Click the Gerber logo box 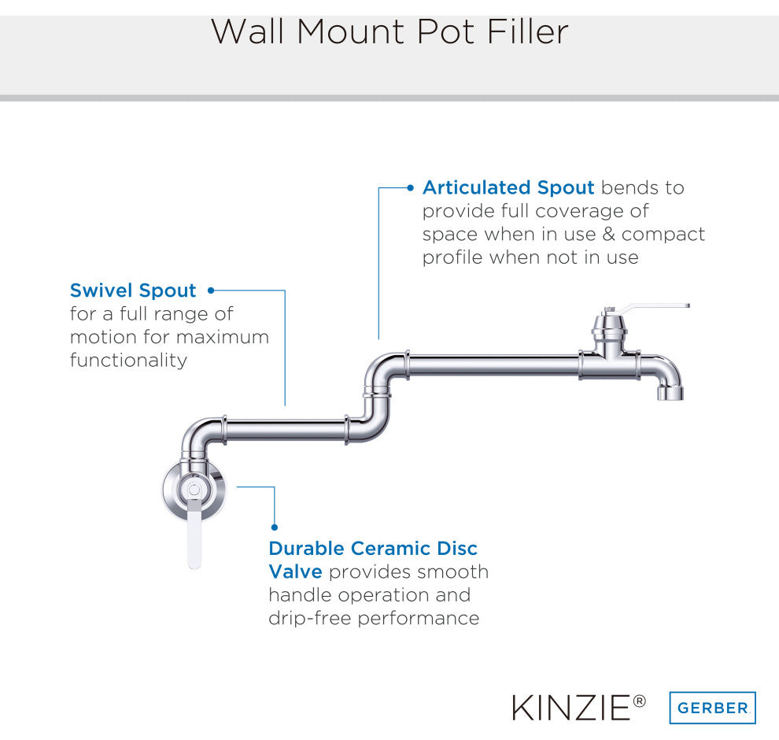(712, 707)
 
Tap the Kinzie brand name (572, 709)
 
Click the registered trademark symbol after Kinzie (640, 701)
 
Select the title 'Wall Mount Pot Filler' (389, 31)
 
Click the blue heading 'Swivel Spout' (133, 290)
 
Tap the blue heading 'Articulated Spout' (508, 187)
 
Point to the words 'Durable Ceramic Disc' (373, 548)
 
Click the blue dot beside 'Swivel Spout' (211, 290)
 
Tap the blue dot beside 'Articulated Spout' (410, 188)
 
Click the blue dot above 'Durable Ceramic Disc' (275, 527)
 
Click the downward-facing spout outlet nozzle (670, 391)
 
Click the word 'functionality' (129, 361)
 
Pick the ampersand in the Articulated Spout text (608, 234)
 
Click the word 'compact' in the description (663, 235)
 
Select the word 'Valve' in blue (295, 572)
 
